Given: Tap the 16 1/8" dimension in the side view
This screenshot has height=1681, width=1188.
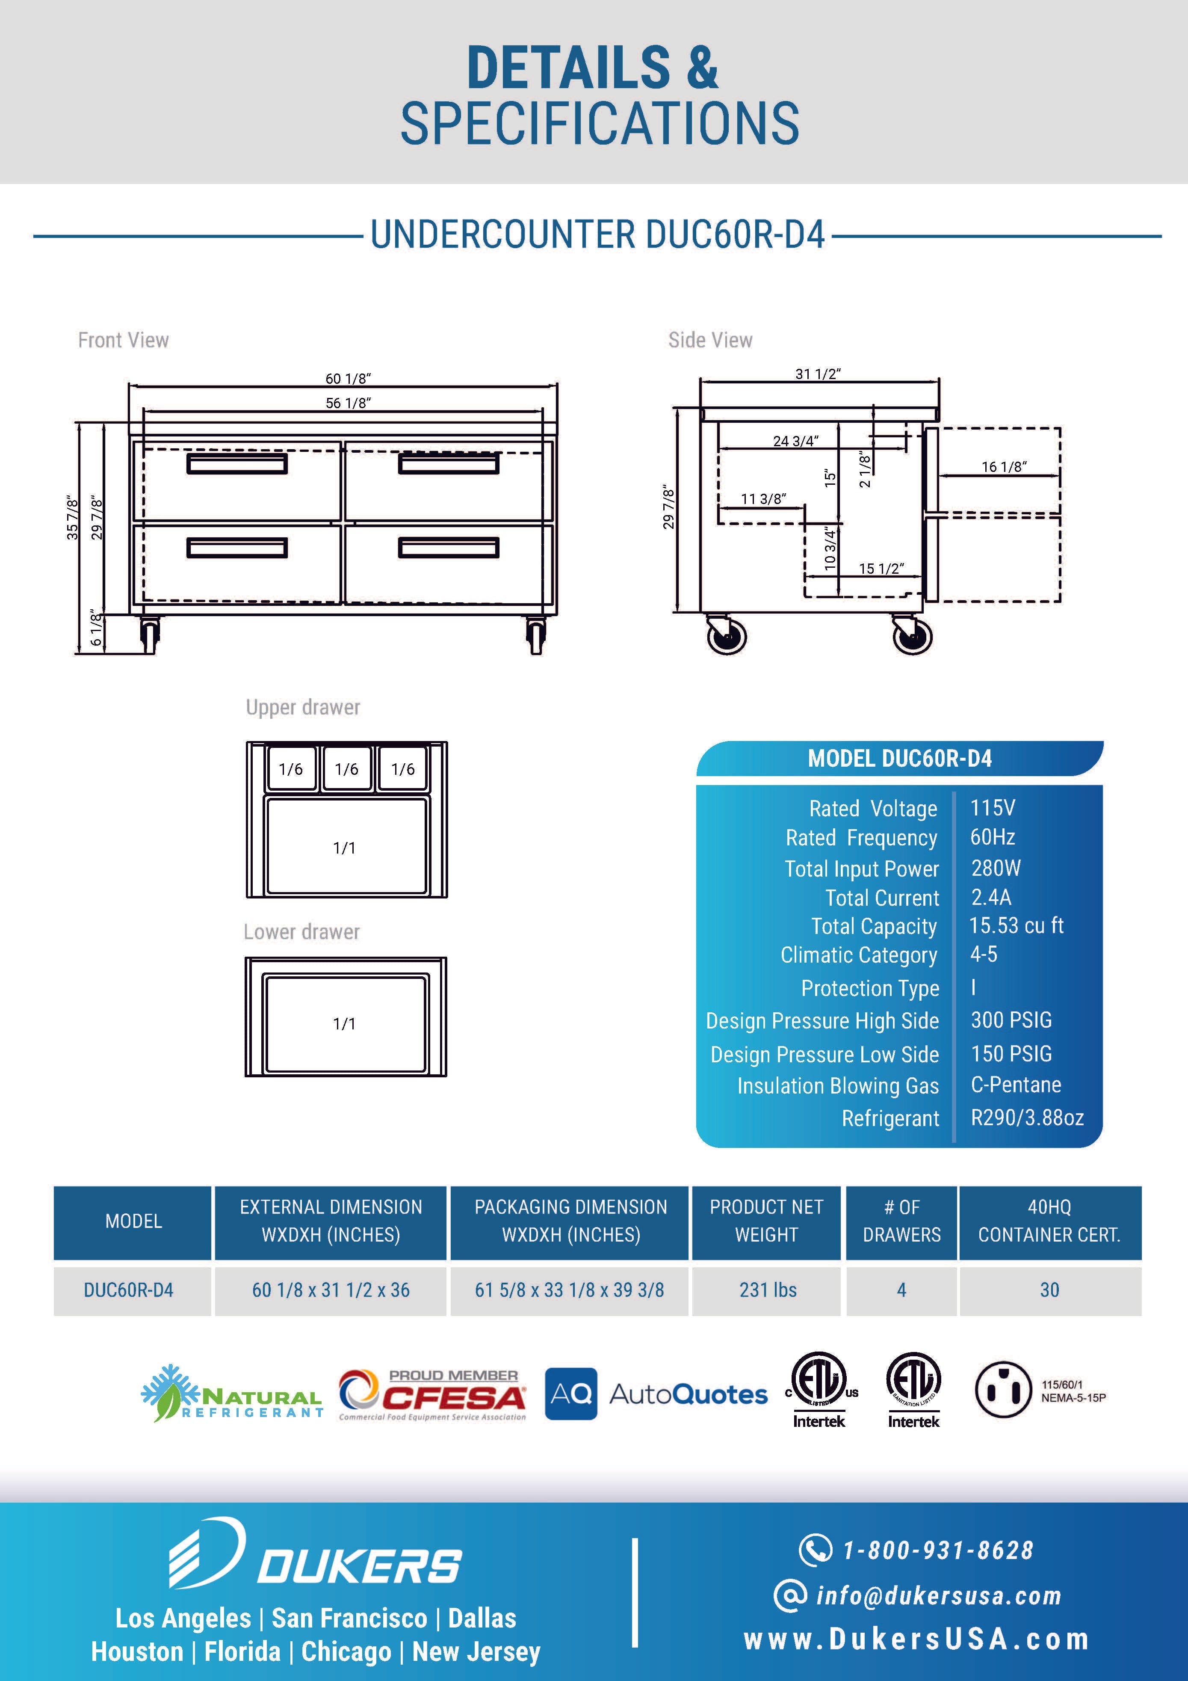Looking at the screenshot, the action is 1004,466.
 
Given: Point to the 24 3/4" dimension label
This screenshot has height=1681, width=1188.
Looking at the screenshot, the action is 796,441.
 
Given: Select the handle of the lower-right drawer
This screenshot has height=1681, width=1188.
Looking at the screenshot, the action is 449,548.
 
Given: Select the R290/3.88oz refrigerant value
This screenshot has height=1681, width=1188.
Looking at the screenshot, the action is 1027,1117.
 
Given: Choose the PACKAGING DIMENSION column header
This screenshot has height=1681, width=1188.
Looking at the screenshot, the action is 571,1221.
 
